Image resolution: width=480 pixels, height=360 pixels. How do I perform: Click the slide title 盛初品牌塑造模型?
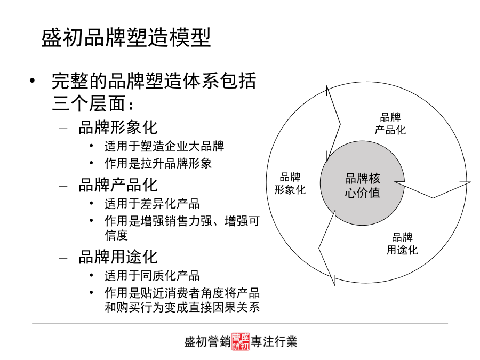(126, 38)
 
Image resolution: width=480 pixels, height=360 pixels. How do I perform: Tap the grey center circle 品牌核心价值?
(362, 183)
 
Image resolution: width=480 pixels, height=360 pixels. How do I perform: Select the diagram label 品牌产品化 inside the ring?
(390, 124)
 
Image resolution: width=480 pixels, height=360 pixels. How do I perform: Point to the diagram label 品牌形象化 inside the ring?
(290, 183)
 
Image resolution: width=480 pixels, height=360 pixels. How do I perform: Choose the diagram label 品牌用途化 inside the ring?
(402, 243)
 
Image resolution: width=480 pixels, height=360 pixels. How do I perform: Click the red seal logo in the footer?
(241, 341)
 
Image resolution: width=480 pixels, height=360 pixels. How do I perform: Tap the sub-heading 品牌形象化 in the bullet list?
(118, 127)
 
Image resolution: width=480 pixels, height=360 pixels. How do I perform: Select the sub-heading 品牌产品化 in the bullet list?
(118, 185)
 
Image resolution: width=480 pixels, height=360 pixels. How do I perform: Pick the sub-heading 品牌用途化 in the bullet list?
(118, 257)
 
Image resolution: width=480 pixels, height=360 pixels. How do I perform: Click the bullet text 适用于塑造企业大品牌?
(164, 146)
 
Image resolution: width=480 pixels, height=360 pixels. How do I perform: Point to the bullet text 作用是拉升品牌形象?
(158, 163)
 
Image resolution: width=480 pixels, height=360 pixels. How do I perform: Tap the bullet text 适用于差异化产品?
(152, 204)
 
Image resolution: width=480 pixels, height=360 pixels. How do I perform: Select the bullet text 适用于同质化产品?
(152, 276)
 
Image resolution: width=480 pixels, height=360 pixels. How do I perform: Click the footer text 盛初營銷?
(207, 342)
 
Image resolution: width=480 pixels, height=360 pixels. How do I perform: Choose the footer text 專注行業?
(274, 342)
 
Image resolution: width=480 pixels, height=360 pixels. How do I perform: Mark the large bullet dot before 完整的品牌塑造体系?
(32, 81)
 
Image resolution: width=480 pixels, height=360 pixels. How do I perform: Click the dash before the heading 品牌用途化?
(63, 258)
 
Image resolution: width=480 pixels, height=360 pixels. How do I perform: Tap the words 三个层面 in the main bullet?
(89, 103)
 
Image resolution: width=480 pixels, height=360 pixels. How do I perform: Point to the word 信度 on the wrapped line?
(116, 235)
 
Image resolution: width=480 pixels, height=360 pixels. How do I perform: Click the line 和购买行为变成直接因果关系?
(182, 307)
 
